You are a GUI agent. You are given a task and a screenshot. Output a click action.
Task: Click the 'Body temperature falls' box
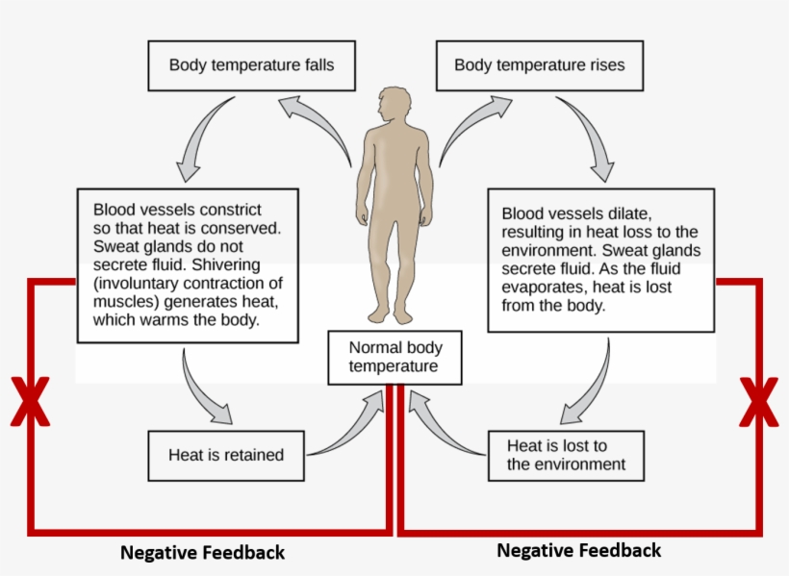(x=251, y=65)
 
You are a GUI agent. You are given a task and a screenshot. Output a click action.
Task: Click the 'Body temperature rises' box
(x=539, y=65)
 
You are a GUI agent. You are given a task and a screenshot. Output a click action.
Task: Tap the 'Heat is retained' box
(x=226, y=455)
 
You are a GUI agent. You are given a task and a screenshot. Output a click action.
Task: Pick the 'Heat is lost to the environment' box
(x=565, y=455)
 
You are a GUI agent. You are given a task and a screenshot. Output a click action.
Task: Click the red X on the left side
(x=30, y=402)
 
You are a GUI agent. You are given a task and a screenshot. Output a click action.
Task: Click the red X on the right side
(x=758, y=402)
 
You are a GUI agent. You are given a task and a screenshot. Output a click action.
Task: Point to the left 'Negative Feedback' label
(x=202, y=553)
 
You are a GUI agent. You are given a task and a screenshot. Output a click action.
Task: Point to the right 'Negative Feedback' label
(x=578, y=550)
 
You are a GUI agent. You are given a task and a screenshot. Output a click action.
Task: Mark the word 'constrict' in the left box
(x=229, y=210)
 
